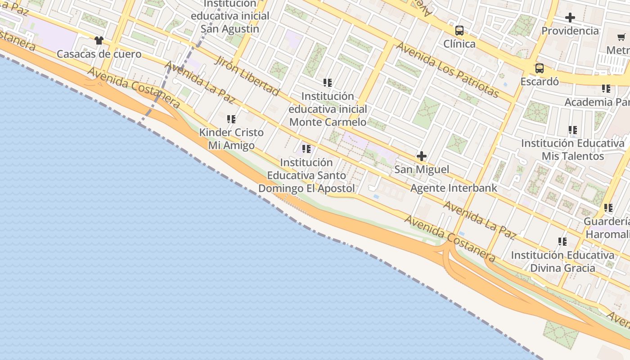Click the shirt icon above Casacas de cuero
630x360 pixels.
point(99,40)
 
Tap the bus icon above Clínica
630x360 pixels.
point(459,31)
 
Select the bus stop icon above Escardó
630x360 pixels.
point(539,68)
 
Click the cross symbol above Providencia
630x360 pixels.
point(570,18)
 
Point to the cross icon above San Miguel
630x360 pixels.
point(421,156)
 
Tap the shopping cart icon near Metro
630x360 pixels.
point(621,37)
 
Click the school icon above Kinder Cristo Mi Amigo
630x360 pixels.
point(231,119)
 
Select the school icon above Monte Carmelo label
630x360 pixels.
point(328,83)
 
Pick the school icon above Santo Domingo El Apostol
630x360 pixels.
point(306,149)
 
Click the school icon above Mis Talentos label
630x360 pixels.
point(572,130)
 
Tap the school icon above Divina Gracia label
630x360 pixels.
point(562,242)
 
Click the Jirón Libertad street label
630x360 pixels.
point(247,76)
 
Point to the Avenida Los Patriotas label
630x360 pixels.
point(447,70)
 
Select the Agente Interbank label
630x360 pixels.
point(454,188)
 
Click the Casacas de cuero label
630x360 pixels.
point(99,54)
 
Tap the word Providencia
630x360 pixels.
point(570,31)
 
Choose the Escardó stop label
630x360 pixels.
point(539,82)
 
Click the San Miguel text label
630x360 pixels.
point(421,170)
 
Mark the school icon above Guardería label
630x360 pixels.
point(608,208)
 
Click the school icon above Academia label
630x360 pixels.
point(606,89)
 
